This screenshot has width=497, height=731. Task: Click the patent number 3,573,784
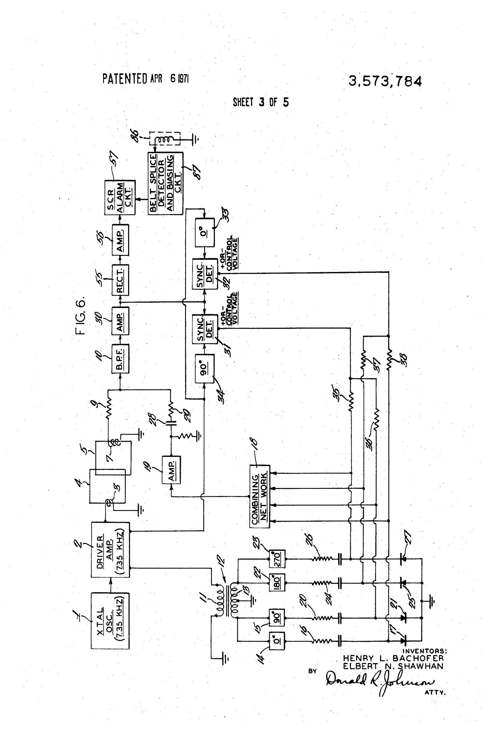(x=385, y=81)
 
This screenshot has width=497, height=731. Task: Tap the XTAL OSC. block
(x=110, y=620)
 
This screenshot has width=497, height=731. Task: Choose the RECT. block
(x=120, y=280)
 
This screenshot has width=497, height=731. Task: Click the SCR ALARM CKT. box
(x=120, y=197)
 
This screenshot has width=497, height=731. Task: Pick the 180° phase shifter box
(x=277, y=583)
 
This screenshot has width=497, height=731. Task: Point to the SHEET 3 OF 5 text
(x=260, y=102)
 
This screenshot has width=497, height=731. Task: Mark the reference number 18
(x=254, y=442)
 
